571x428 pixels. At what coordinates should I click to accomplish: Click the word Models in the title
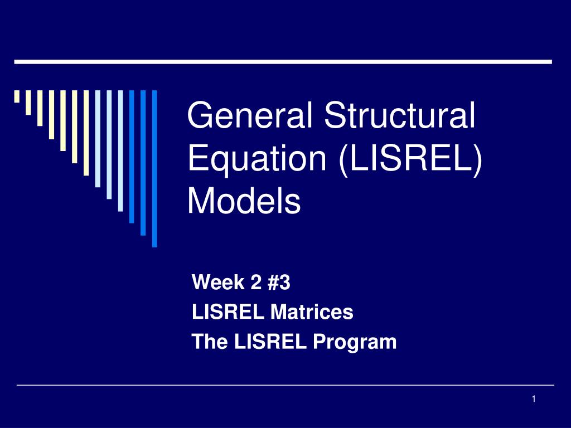pyautogui.click(x=244, y=201)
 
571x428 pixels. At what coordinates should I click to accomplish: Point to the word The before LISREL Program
pyautogui.click(x=209, y=341)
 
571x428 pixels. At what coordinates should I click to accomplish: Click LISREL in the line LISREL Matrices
pyautogui.click(x=229, y=313)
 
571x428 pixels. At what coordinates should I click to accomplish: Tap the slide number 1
pyautogui.click(x=534, y=398)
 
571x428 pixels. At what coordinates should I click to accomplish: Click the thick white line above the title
pyautogui.click(x=283, y=61)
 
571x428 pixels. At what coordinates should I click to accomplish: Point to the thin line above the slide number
pyautogui.click(x=285, y=385)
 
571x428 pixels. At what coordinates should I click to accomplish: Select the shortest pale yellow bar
pyautogui.click(x=17, y=97)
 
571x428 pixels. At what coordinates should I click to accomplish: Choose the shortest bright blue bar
pyautogui.click(x=132, y=156)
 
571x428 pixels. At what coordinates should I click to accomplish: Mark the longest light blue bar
pyautogui.click(x=120, y=150)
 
